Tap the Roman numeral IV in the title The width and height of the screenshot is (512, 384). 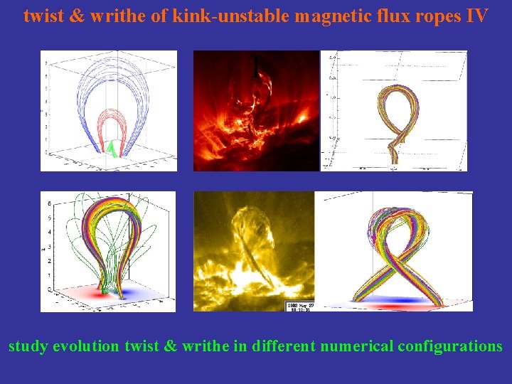pyautogui.click(x=477, y=15)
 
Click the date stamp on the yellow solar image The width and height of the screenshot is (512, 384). pyautogui.click(x=299, y=306)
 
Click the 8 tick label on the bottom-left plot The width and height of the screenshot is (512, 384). pyautogui.click(x=49, y=203)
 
